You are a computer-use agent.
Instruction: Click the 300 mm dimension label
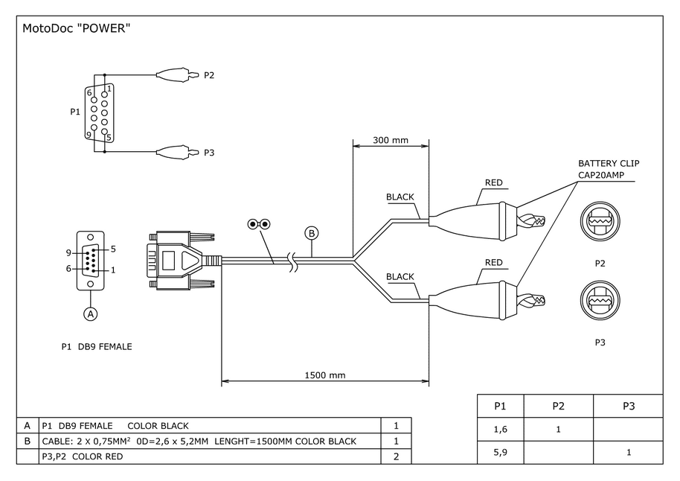[391, 140]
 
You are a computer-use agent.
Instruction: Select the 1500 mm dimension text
[325, 375]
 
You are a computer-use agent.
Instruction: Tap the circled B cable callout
[312, 233]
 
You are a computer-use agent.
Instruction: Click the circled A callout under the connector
[91, 313]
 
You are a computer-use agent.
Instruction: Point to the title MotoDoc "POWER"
[77, 29]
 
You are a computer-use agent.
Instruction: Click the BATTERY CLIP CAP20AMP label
[609, 169]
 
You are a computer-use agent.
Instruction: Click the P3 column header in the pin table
[628, 406]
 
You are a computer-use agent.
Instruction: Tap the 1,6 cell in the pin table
[500, 429]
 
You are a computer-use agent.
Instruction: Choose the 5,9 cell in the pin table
[500, 452]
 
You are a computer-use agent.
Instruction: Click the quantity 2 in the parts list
[396, 456]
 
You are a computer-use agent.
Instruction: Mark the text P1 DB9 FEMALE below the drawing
[97, 346]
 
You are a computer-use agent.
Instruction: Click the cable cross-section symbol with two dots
[259, 224]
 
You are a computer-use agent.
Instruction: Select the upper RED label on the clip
[494, 182]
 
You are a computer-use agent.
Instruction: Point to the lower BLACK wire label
[400, 277]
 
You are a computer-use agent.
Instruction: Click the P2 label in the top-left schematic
[209, 75]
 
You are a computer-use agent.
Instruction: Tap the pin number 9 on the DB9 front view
[69, 252]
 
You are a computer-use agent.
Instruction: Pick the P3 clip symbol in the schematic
[176, 153]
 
